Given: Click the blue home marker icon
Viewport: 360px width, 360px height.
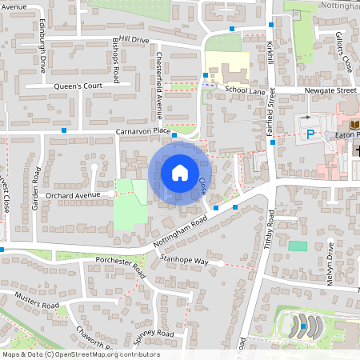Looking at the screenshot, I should click(179, 172).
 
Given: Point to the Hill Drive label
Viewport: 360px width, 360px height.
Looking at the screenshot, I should click(130, 39).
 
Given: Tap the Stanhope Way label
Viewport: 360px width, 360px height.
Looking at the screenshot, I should click(183, 261).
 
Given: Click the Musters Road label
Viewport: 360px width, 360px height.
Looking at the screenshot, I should click(37, 300).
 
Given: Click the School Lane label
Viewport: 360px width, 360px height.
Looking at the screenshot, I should click(244, 91).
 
